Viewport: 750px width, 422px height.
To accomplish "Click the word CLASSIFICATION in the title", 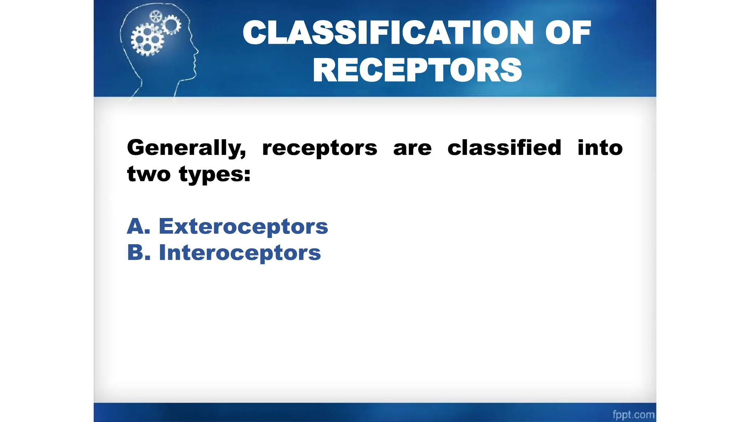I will (388, 33).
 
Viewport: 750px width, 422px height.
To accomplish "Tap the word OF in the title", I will (568, 33).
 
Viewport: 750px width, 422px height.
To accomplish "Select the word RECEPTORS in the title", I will (417, 70).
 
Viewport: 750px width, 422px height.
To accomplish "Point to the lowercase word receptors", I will (319, 148).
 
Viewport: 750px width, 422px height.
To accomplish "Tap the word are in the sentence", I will (412, 148).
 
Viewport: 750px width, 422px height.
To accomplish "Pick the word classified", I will (504, 148).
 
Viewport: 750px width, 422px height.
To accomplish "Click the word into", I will (600, 148).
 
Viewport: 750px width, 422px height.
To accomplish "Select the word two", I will (149, 174).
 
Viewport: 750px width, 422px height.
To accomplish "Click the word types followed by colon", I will (215, 175).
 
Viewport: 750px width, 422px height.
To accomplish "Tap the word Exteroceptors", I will (243, 226).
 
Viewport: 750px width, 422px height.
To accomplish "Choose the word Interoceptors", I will (240, 253).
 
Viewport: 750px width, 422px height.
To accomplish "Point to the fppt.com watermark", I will (633, 415).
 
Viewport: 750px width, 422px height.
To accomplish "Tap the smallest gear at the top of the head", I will (156, 16).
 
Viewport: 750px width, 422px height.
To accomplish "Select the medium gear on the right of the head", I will (171, 25).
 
